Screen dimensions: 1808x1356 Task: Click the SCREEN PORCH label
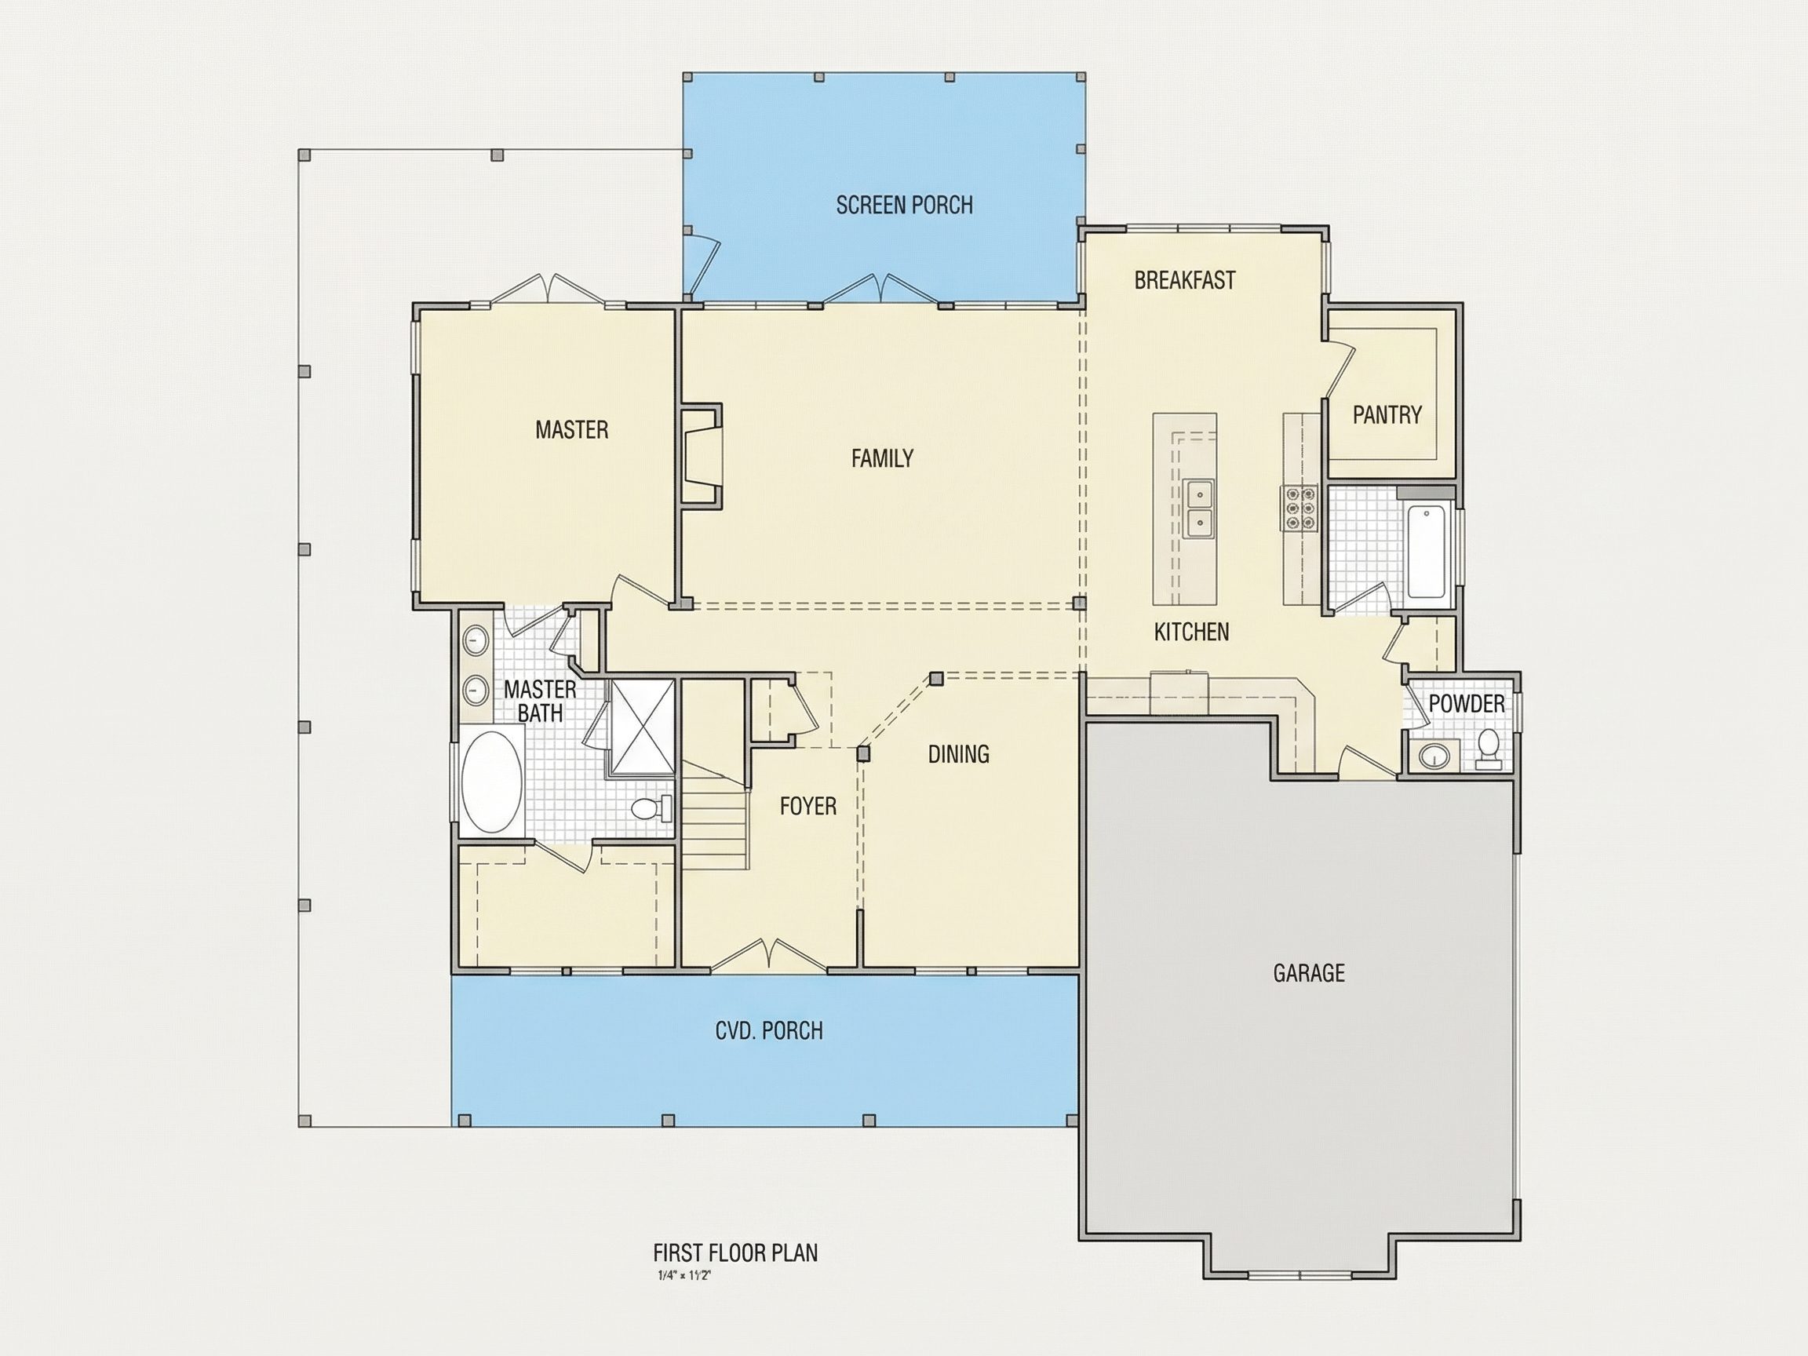coord(904,205)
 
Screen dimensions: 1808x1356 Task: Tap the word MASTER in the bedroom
coord(571,430)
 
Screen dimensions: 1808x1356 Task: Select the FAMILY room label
coord(882,458)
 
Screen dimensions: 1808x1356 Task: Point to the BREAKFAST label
coord(1184,280)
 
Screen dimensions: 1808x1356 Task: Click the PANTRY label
coord(1387,415)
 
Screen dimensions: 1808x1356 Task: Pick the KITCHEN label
coord(1191,632)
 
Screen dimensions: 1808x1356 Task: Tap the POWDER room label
coord(1467,704)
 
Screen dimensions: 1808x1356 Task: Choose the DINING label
coord(958,753)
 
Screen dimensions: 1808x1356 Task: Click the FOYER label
coord(807,806)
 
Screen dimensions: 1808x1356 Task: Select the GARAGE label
coord(1309,972)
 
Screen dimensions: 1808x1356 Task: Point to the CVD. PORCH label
coord(768,1030)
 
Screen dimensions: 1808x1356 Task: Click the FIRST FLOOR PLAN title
coord(734,1253)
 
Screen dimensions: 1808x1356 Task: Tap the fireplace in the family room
coord(702,456)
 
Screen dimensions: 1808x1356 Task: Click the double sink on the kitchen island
coord(1199,508)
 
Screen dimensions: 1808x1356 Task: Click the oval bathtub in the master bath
coord(493,782)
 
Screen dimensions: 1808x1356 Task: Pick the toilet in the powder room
coord(1489,749)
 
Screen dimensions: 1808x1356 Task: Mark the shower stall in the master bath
coord(643,726)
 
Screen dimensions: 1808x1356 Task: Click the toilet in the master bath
coord(651,808)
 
